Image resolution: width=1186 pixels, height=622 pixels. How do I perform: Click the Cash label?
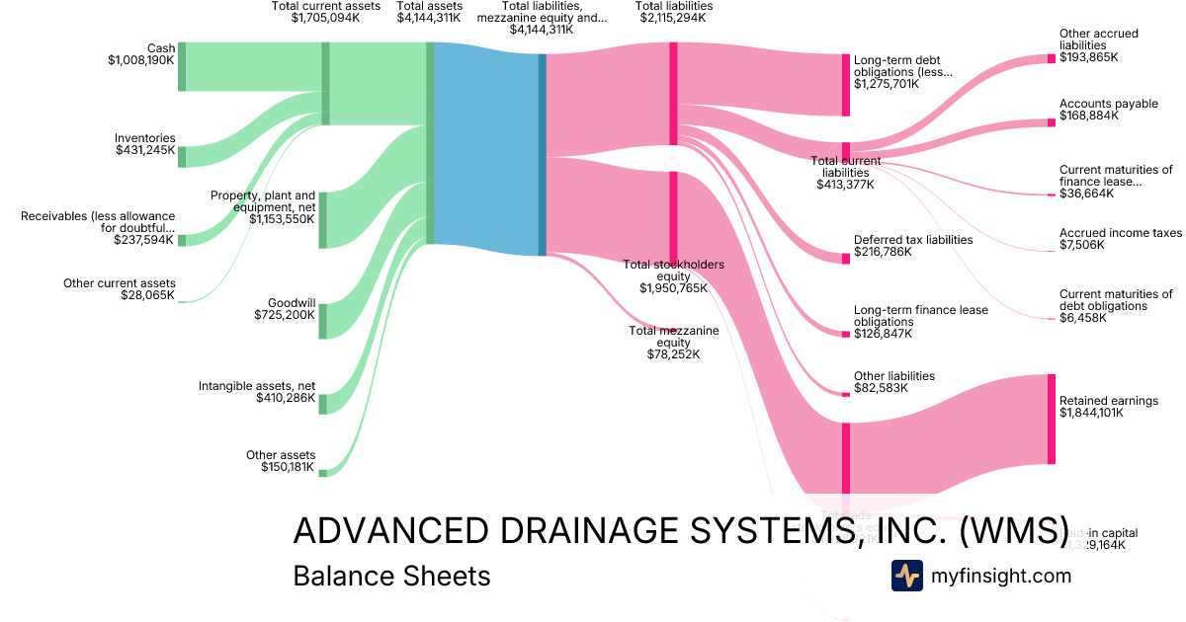click(161, 47)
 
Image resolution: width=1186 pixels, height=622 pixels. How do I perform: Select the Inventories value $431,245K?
click(144, 151)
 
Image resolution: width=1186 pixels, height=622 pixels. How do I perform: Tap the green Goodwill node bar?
click(322, 321)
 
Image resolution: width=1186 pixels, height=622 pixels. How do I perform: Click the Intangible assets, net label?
click(256, 385)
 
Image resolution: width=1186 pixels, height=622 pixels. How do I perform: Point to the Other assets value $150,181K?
click(288, 467)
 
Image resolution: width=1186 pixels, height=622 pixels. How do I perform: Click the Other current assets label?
click(119, 283)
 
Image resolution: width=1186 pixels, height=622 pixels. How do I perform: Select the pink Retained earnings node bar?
click(1052, 419)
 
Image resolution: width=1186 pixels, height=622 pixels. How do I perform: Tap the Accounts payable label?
click(1108, 104)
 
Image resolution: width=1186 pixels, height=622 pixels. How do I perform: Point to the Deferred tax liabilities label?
click(913, 240)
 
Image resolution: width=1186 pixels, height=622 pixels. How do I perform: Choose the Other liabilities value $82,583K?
click(881, 388)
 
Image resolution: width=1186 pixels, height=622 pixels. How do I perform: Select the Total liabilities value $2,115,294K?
click(675, 18)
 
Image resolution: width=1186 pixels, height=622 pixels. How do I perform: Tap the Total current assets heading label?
click(325, 6)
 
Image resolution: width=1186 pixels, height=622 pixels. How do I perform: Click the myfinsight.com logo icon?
click(906, 576)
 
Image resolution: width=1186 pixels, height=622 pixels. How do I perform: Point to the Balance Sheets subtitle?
click(391, 576)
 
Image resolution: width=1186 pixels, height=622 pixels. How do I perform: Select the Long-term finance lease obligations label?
click(920, 316)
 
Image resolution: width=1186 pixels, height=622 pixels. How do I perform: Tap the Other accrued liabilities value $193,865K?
click(1088, 58)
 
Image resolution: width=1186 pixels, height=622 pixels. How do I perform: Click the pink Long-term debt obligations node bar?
click(845, 84)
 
